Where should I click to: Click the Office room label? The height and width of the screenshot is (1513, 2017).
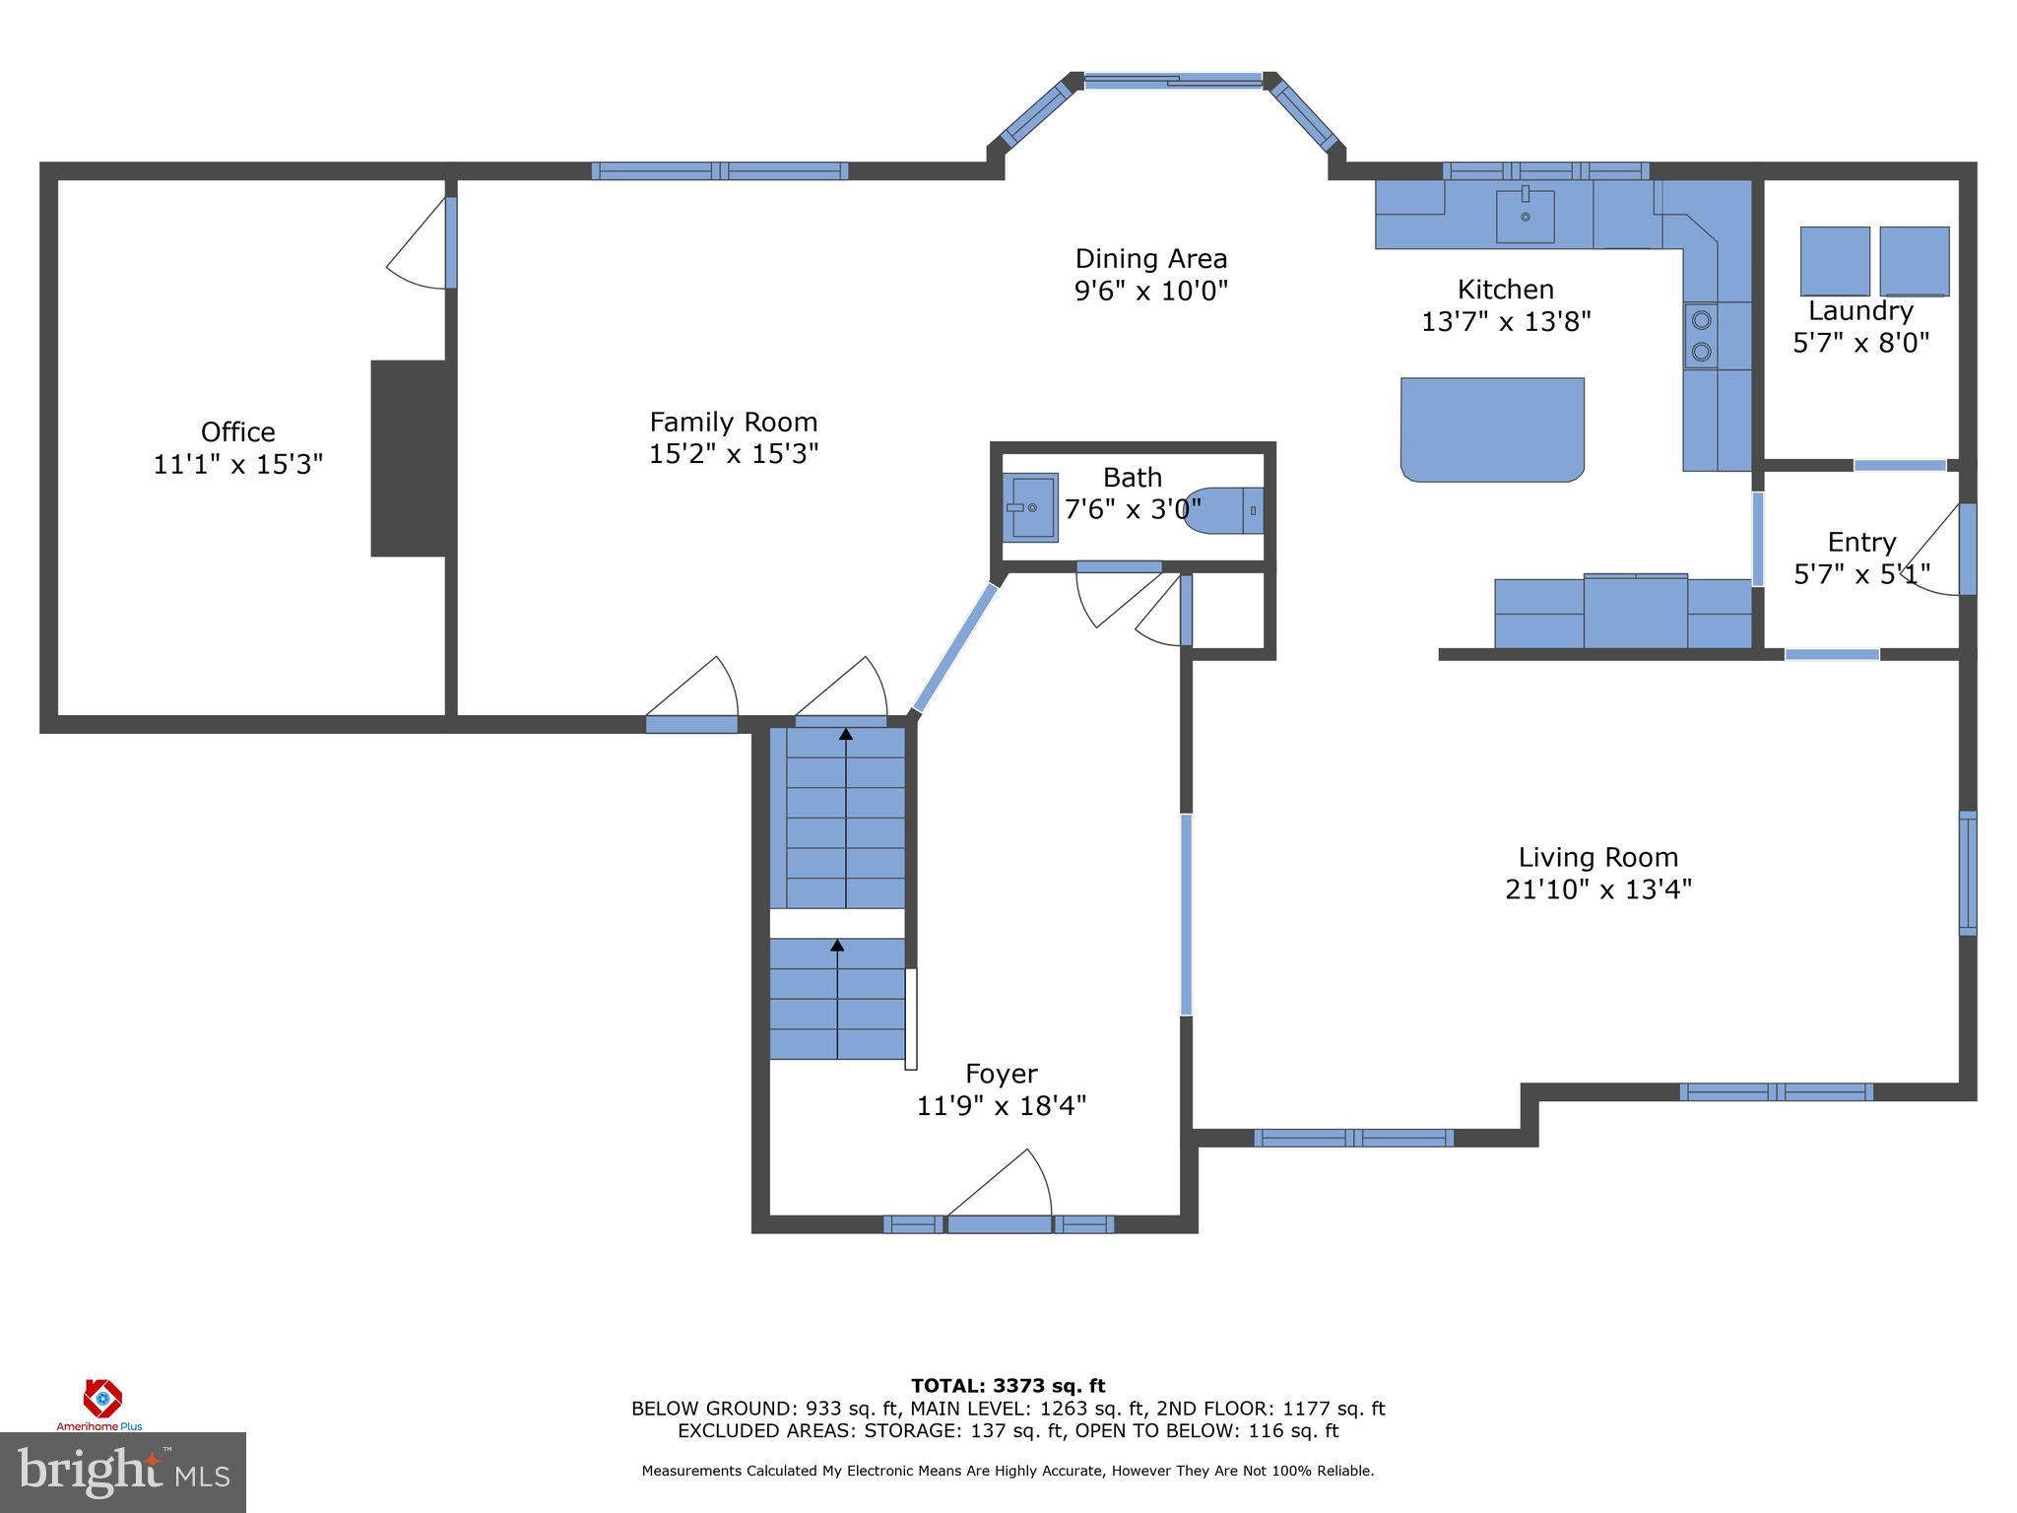[x=237, y=431]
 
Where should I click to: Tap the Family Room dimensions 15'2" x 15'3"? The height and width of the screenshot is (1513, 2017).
[x=734, y=454]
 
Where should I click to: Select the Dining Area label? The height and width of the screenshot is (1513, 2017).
[x=1150, y=259]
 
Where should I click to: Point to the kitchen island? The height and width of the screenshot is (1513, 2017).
[x=1492, y=429]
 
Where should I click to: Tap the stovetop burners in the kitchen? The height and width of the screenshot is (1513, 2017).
[x=1701, y=336]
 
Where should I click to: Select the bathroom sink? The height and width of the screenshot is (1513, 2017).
[x=1031, y=507]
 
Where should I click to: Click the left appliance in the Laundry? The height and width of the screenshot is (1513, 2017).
[x=1834, y=261]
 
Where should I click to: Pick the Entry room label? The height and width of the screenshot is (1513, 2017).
[x=1860, y=542]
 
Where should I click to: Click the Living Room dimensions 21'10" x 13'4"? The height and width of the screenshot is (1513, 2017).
[x=1597, y=889]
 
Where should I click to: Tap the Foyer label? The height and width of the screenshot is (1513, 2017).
[x=1001, y=1073]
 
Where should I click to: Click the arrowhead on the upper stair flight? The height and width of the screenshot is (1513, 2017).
[x=845, y=734]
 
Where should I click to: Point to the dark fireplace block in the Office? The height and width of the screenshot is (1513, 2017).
[x=408, y=458]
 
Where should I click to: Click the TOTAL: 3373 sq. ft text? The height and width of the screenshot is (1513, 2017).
[x=1008, y=1386]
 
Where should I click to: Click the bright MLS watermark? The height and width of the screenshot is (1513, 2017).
[x=123, y=1472]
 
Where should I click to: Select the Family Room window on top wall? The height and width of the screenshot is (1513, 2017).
[x=719, y=170]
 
